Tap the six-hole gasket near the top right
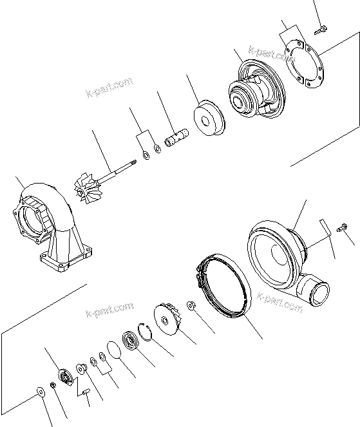click(303, 71)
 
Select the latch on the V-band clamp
click(200, 280)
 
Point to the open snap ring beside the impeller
click(146, 332)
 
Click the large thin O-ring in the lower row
click(113, 353)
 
